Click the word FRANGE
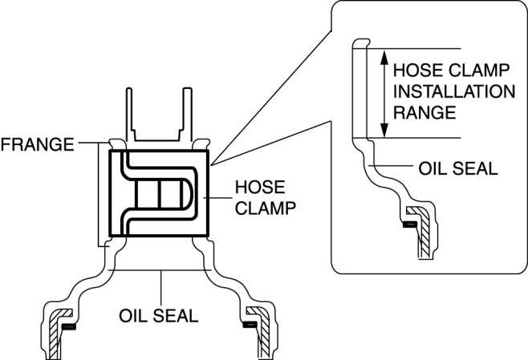[37, 145]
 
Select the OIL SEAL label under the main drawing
[160, 314]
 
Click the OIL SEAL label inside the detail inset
[458, 169]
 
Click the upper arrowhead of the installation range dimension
[385, 56]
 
